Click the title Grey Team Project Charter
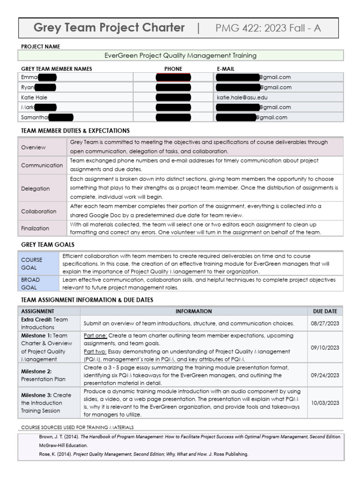click(x=109, y=28)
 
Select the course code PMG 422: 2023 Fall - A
click(x=268, y=28)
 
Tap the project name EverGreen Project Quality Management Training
click(x=180, y=55)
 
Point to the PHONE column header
click(x=173, y=68)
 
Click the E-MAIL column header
click(x=225, y=68)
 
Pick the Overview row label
click(x=33, y=147)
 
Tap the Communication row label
click(x=42, y=165)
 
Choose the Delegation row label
click(x=35, y=188)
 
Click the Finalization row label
click(x=35, y=228)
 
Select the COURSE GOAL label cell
click(x=31, y=263)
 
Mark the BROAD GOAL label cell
click(x=30, y=283)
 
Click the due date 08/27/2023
click(x=325, y=323)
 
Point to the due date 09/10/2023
click(x=325, y=347)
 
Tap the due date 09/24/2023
click(x=325, y=375)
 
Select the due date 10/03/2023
click(x=325, y=403)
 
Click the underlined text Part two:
click(x=95, y=351)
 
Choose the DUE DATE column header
click(x=325, y=311)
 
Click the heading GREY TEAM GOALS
click(x=48, y=244)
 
